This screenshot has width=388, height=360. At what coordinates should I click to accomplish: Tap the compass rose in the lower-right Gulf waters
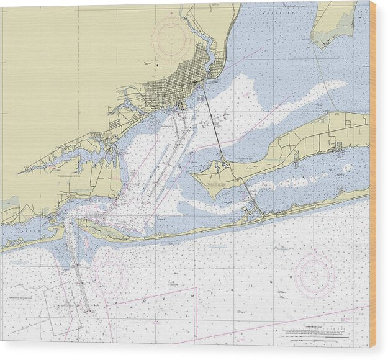pos(315,274)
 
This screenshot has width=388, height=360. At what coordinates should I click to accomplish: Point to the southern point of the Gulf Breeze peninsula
pos(215,196)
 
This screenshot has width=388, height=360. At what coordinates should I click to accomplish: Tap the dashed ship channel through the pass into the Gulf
pos(78,273)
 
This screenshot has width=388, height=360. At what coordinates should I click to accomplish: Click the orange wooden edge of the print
pos(372,174)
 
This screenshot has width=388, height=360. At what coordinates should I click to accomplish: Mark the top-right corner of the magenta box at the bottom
pos(197,289)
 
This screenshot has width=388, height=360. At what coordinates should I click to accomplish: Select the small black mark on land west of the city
pos(158,65)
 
